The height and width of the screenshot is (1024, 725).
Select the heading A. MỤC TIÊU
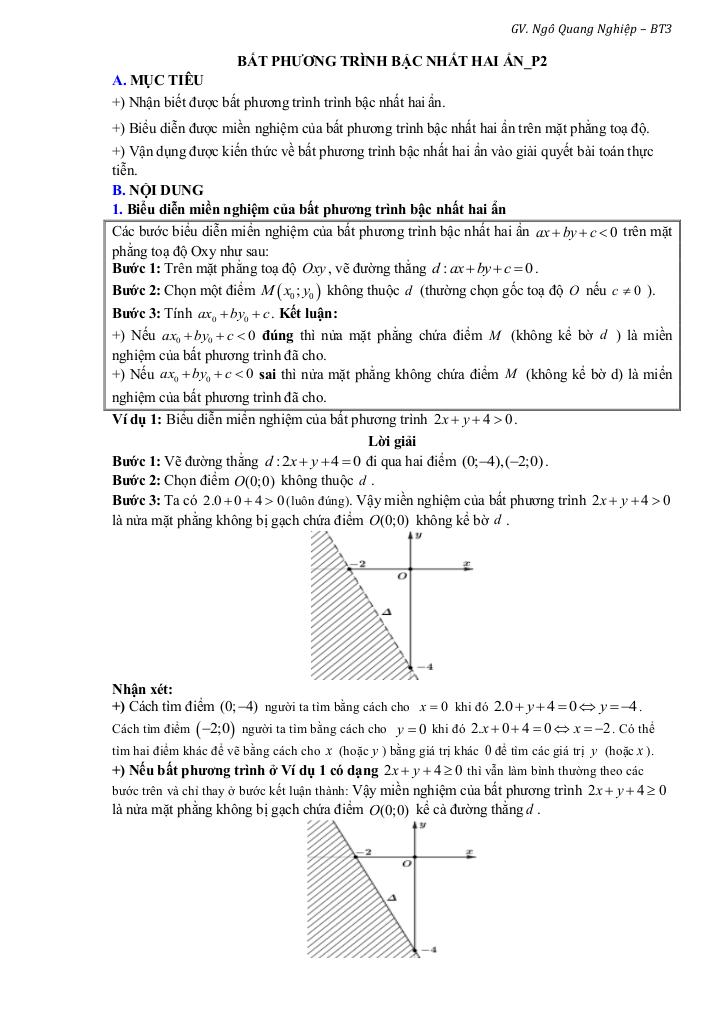(157, 79)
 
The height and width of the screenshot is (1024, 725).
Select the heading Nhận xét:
(142, 688)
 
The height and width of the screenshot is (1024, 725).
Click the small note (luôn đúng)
(319, 500)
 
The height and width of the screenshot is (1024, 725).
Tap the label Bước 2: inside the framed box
(137, 291)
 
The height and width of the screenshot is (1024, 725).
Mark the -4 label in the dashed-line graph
(424, 666)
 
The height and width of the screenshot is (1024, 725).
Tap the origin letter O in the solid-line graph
(405, 862)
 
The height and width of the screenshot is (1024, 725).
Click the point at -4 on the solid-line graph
(412, 948)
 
